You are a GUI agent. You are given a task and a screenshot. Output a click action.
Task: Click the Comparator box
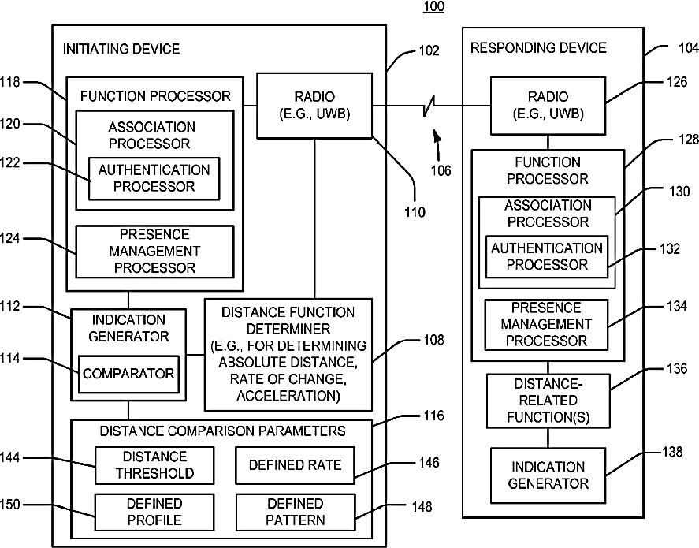pos(128,374)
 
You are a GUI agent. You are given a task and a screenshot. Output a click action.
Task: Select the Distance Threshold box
pos(154,465)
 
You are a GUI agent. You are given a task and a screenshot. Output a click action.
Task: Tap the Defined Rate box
pos(295,465)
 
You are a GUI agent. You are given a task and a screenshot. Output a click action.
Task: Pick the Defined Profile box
pos(154,512)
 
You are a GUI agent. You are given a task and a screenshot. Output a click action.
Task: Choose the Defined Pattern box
pos(296,512)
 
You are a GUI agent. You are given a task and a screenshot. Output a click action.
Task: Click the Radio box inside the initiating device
pos(314,106)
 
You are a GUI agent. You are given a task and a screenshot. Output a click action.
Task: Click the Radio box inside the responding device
pos(548,106)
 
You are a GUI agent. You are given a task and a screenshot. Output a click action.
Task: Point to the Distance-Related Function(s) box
pos(548,401)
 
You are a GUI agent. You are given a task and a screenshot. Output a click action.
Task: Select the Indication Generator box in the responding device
pos(548,475)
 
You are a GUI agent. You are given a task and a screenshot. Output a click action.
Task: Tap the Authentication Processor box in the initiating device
pos(154,178)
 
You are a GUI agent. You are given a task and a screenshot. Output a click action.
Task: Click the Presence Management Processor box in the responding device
pos(546,324)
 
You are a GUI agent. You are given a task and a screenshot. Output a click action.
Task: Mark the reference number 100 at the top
pos(433,6)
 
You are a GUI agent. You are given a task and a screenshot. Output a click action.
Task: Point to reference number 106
pos(441,170)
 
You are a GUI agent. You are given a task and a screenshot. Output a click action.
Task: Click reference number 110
pos(415,212)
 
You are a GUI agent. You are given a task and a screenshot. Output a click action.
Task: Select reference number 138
pos(671,452)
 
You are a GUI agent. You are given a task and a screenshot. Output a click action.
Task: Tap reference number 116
pos(433,416)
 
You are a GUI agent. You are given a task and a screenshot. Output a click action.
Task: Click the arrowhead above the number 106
pos(437,135)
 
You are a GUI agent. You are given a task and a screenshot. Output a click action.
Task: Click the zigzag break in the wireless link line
pos(429,106)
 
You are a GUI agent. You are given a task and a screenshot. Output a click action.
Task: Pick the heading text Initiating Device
pos(121,49)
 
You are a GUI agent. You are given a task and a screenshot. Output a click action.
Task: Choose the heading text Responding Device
pos(538,48)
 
